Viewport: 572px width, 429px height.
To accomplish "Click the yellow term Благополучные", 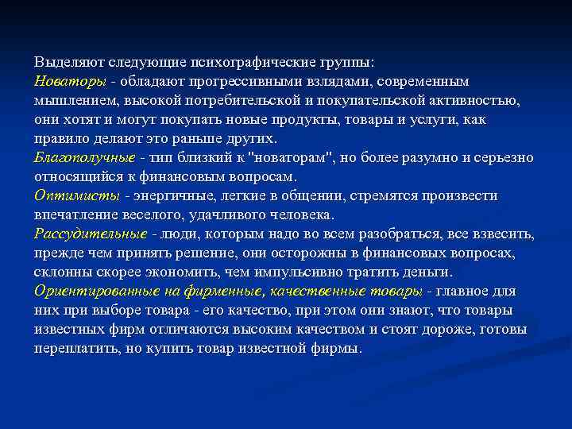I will click(91, 157).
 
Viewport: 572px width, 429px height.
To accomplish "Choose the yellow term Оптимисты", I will click(76, 195).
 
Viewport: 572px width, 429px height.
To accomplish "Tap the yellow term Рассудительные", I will click(90, 234).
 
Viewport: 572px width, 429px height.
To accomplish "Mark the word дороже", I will click(416, 329).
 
